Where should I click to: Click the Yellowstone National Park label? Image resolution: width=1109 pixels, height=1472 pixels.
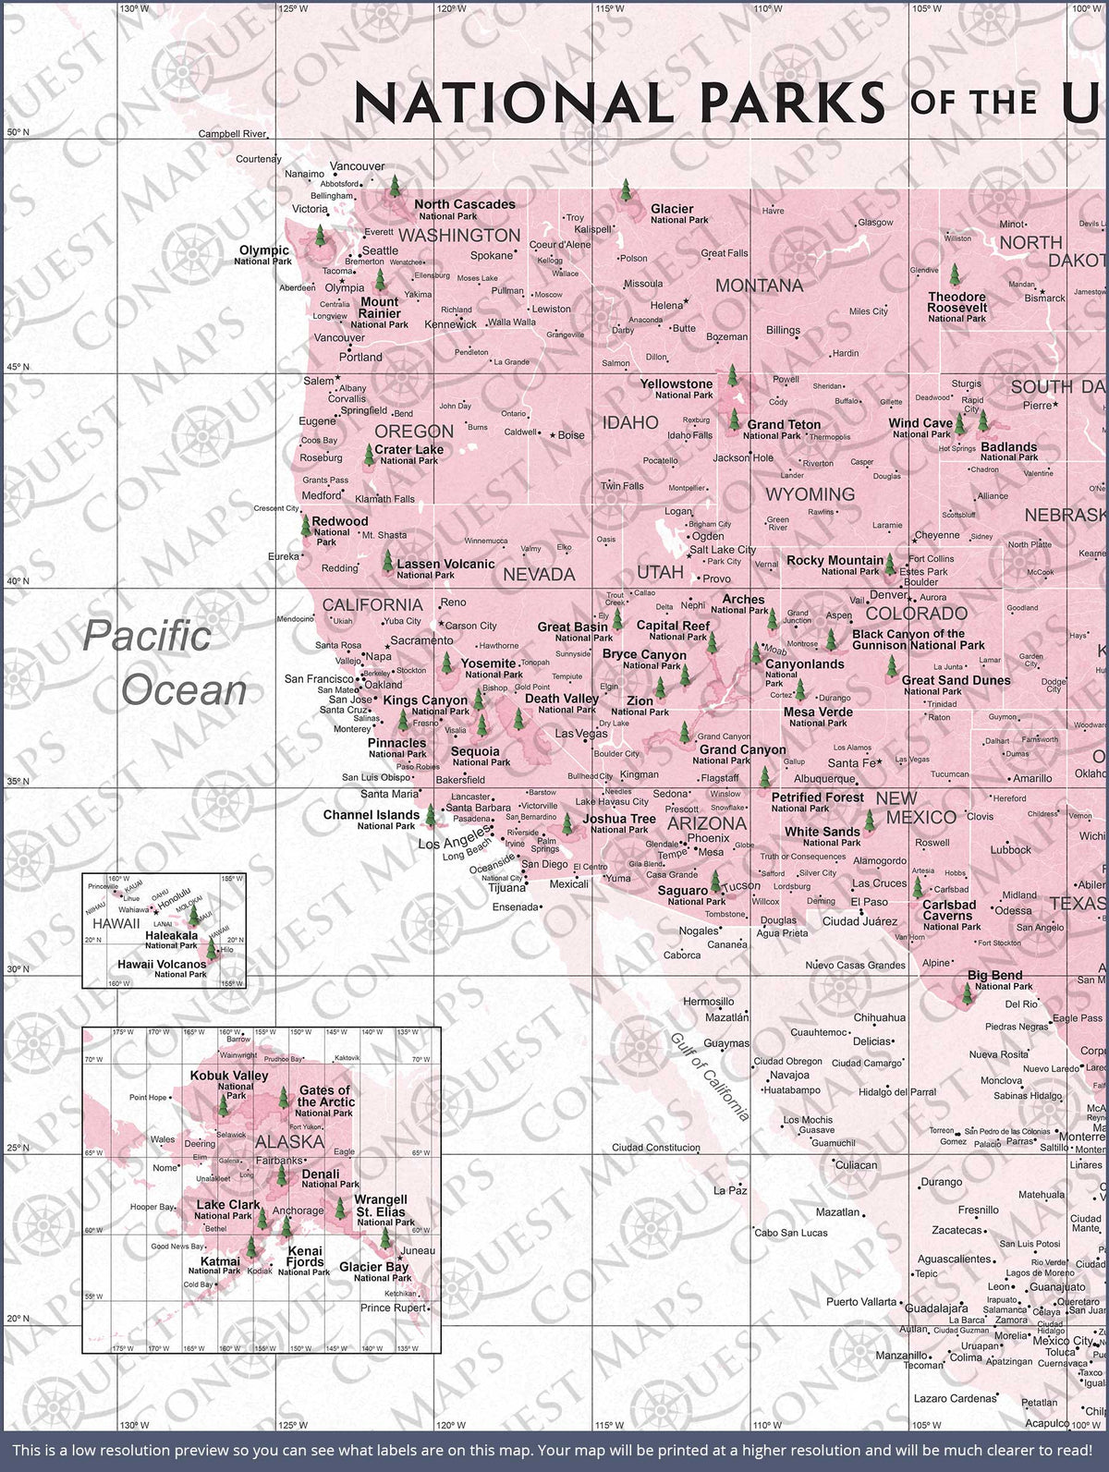pos(676,388)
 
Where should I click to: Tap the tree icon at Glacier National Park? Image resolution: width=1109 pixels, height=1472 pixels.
pos(626,191)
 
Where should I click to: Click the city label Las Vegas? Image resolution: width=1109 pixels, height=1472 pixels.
pos(580,734)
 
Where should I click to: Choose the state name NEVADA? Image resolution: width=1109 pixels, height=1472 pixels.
pos(539,574)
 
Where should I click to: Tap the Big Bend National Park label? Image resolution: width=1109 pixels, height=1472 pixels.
pos(995,979)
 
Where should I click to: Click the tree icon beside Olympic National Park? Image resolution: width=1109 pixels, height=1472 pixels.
pos(320,235)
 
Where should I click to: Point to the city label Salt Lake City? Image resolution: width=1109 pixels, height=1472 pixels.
pos(723,549)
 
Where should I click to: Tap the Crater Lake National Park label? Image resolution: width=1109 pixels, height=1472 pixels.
pos(408,454)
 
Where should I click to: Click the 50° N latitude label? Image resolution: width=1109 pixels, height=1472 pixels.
pos(18,132)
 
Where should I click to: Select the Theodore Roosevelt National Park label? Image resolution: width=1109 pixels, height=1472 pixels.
pos(957,307)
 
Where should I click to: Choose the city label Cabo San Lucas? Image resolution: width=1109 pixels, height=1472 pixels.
pos(791,1232)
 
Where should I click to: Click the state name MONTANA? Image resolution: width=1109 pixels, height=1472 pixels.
pos(759,286)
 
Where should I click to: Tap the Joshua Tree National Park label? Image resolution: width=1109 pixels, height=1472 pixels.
pos(618,823)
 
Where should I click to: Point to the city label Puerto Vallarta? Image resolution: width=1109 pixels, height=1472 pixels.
pos(861,1302)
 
